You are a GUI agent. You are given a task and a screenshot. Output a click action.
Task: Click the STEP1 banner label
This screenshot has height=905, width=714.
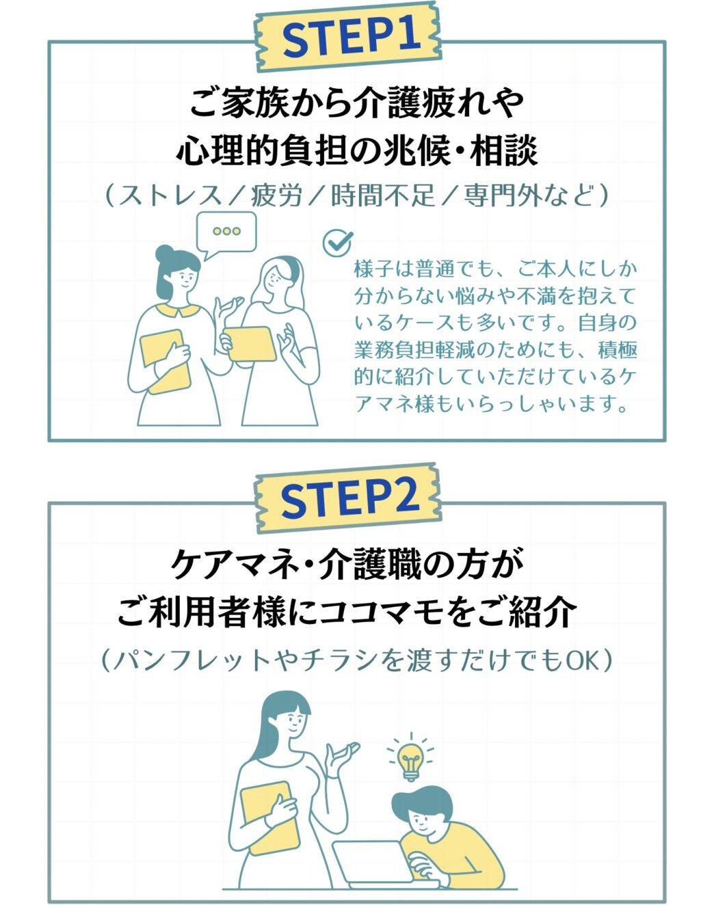tap(348, 37)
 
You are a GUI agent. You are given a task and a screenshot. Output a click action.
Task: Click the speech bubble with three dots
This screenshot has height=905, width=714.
tap(226, 234)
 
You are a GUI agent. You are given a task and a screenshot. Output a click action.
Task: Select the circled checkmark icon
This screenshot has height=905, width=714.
tap(338, 243)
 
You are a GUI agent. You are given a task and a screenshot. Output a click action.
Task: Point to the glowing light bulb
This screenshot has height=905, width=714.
tap(410, 761)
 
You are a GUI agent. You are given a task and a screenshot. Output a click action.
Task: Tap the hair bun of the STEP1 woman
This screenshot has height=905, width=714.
tap(166, 254)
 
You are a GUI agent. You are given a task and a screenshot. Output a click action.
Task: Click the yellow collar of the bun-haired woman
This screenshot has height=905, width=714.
tap(178, 311)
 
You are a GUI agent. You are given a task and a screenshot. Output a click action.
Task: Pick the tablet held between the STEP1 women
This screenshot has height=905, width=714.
tap(250, 344)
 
